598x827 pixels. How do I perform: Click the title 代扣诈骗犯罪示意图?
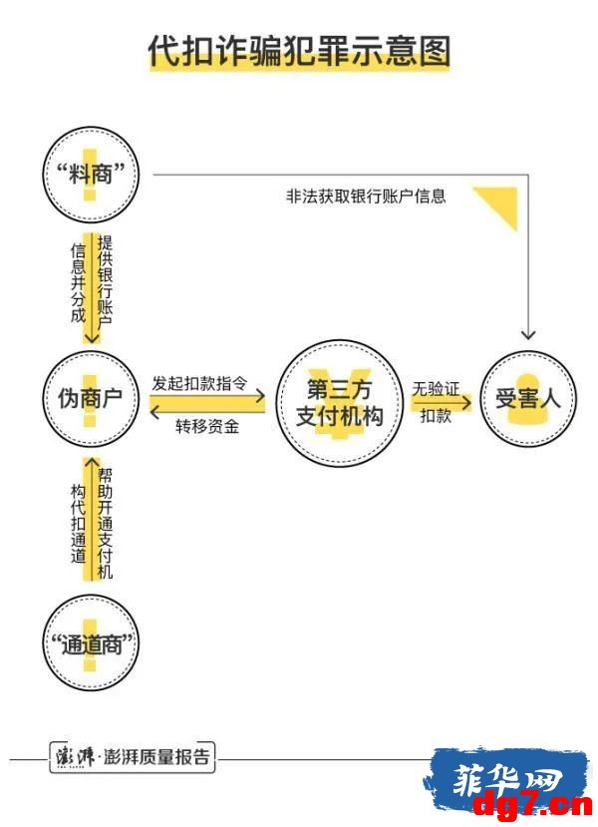point(299,51)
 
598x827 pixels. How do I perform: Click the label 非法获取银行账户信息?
point(366,197)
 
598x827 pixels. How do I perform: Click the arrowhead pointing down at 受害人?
point(528,335)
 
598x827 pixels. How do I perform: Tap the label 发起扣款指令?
point(199,383)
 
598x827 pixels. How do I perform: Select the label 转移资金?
point(207,426)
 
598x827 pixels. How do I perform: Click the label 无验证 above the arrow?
point(436,389)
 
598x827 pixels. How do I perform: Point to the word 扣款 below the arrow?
point(436,416)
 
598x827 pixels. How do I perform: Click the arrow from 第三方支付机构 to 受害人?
point(442,403)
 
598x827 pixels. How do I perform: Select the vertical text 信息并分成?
point(78,283)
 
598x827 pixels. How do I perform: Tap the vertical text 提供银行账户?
point(105,282)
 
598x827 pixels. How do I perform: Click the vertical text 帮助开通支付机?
point(105,523)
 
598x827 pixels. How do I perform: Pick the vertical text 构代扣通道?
point(78,524)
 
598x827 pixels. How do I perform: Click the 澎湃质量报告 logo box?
point(133,757)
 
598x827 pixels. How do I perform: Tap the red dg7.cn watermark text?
point(533,805)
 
